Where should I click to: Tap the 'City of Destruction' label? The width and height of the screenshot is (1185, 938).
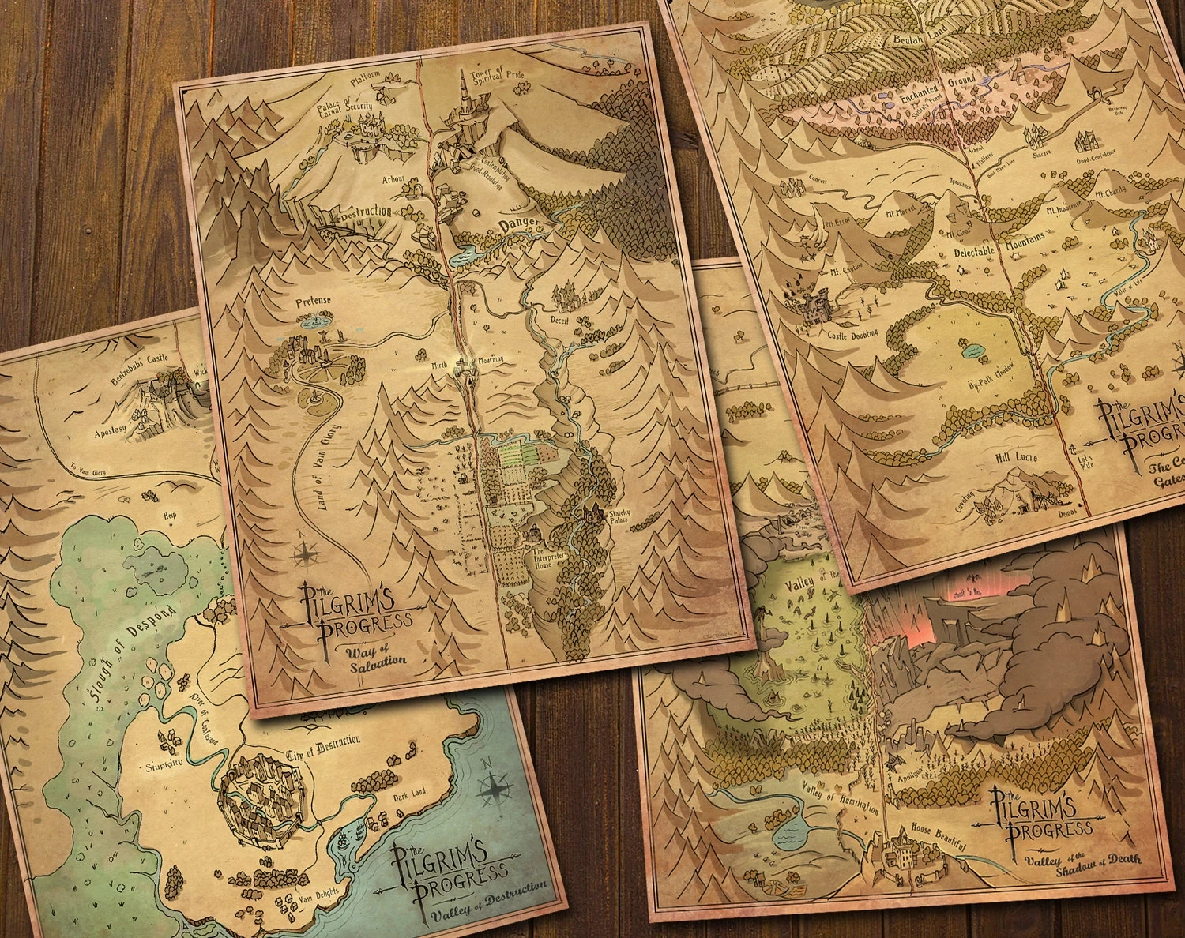coord(324,743)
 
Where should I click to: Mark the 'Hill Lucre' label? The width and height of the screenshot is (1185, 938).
coord(1015,457)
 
